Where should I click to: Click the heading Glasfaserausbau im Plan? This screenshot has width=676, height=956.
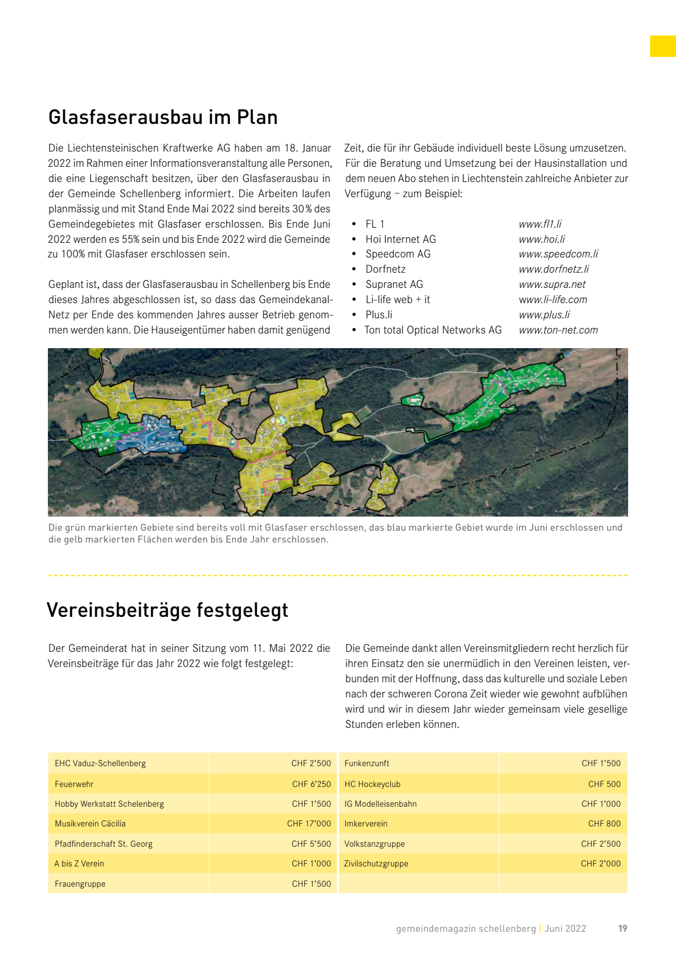(x=163, y=117)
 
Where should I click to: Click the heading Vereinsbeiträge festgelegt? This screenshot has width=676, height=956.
(x=167, y=610)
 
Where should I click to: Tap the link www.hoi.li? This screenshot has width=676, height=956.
(x=542, y=239)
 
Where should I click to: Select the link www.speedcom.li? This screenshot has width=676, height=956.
(x=558, y=254)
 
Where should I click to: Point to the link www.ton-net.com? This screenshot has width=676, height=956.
(x=558, y=330)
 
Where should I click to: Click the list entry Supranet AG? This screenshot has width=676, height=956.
(x=394, y=284)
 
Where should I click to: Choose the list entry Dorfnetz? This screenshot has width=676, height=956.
(x=385, y=269)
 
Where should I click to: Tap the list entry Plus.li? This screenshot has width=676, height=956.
(x=379, y=315)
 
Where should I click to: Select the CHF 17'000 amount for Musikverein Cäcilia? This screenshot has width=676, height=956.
(x=309, y=824)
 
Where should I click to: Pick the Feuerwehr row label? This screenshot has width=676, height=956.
(x=74, y=784)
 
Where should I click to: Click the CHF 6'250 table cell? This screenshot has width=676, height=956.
(x=312, y=784)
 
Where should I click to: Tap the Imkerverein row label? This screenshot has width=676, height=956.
(x=366, y=824)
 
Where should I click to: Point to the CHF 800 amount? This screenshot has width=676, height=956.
(x=604, y=824)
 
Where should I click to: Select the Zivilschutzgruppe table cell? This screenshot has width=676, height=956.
(x=376, y=864)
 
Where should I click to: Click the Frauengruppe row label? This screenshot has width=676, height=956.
(x=80, y=884)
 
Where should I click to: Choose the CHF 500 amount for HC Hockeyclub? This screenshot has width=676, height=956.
(x=604, y=784)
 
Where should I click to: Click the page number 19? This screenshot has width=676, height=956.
(x=622, y=928)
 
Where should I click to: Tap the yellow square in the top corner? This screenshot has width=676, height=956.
(x=663, y=46)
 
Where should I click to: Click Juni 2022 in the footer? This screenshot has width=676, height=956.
(x=565, y=928)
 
